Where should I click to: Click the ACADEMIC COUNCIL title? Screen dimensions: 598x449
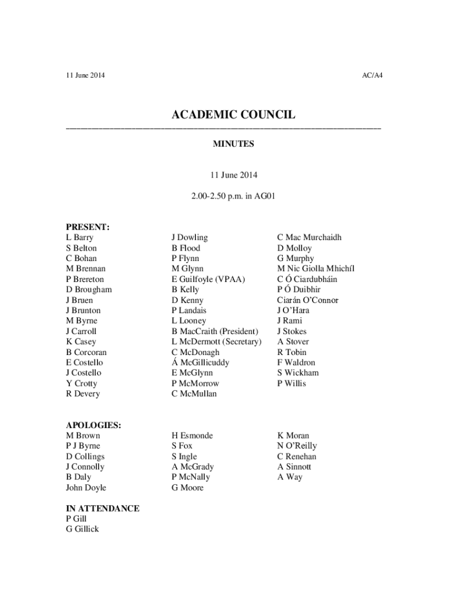click(233, 115)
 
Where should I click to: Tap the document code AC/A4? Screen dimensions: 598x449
click(372, 75)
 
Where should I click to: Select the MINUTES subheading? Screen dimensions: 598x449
click(233, 143)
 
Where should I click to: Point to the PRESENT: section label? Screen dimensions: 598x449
click(88, 227)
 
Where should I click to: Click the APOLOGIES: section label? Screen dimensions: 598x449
click(93, 425)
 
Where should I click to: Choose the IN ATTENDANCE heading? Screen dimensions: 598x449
click(103, 508)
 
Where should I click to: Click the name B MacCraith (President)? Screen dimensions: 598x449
click(215, 331)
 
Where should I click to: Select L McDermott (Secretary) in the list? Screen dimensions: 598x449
click(216, 342)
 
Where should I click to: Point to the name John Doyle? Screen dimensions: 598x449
click(86, 488)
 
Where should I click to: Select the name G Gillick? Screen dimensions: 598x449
click(82, 529)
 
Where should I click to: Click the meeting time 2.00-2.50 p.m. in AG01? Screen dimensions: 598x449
click(233, 197)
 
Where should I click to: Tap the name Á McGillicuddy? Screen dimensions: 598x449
click(200, 363)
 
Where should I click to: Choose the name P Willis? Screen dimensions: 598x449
click(292, 383)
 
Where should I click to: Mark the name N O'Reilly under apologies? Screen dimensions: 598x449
click(297, 446)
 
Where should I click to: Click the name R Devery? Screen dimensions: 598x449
click(83, 394)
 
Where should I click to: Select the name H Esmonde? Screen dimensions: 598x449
click(192, 436)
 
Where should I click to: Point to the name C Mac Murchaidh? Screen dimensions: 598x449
click(310, 237)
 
